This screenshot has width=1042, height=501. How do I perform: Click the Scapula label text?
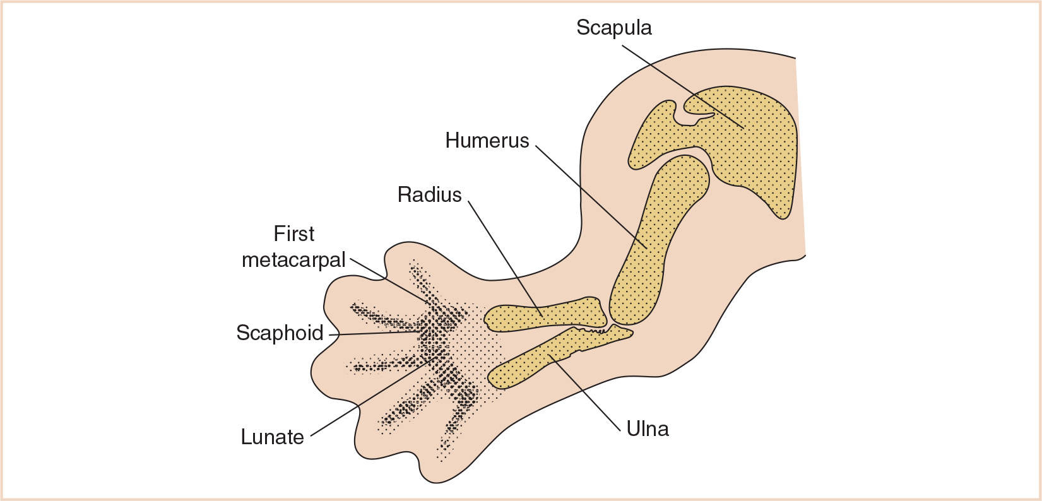(x=613, y=28)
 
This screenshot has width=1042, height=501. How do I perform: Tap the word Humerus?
(x=487, y=140)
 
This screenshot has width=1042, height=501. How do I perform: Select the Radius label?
(x=429, y=194)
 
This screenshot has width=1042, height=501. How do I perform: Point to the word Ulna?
(x=648, y=429)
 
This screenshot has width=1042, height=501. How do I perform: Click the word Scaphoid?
(x=280, y=333)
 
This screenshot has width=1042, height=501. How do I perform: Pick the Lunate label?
(x=272, y=437)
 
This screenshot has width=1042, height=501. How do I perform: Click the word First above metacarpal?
(x=293, y=234)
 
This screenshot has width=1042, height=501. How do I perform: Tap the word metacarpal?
(x=293, y=259)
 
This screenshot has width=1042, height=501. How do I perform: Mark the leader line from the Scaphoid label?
(x=372, y=333)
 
